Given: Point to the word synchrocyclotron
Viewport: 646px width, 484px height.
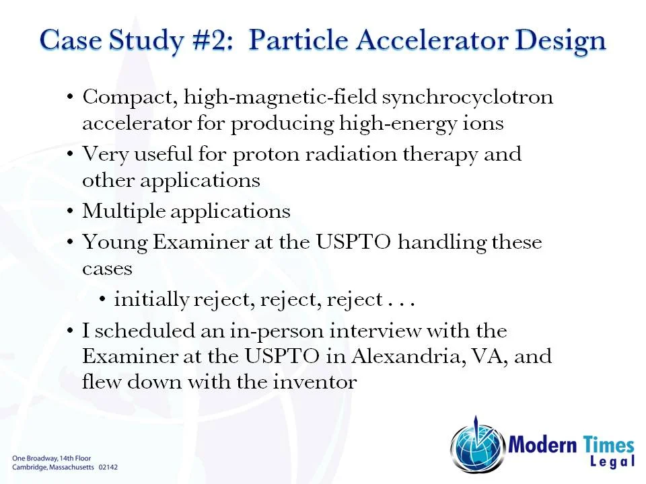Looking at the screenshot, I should tap(467, 97).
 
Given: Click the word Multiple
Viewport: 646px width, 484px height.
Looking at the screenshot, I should tap(123, 212).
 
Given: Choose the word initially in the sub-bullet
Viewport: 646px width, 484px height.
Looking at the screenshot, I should tap(151, 300).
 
